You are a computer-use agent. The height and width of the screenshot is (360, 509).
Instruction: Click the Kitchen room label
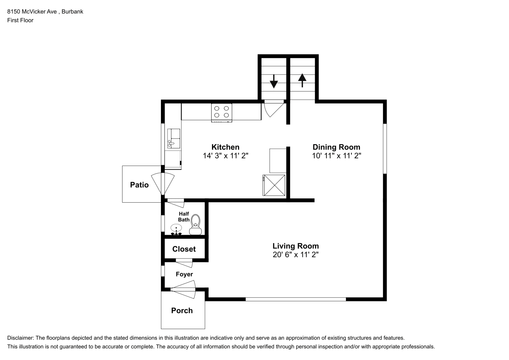pos(225,147)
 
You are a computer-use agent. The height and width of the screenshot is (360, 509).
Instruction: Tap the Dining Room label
pos(336,147)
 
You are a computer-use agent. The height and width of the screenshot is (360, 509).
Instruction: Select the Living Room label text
pos(296,246)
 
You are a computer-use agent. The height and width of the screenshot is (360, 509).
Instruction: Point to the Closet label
pos(184,249)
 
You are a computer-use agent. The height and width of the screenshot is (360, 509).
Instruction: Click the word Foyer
pos(184,274)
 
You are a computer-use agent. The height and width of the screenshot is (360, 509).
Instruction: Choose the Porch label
pos(182,310)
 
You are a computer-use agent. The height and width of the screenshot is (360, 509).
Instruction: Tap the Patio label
pos(139,185)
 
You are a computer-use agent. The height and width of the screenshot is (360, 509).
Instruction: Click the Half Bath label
pos(184,217)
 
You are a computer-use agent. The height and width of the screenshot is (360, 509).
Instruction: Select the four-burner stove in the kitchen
pos(221,113)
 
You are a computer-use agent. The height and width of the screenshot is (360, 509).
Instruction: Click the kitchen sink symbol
pos(174,139)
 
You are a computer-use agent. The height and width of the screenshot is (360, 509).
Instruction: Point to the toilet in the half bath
pos(195,225)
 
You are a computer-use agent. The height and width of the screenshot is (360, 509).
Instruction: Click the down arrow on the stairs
pos(274,81)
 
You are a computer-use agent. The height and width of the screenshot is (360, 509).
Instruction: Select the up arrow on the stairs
pos(302,80)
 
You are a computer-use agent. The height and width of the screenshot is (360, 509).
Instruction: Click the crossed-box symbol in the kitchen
pos(274,185)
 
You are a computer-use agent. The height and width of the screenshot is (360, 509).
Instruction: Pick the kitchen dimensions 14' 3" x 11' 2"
pos(225,156)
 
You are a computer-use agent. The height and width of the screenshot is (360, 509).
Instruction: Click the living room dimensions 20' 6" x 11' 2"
pos(296,255)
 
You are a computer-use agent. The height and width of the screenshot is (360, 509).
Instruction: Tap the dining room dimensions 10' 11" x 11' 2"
pos(337,156)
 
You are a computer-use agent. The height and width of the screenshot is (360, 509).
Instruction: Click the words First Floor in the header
pos(20,20)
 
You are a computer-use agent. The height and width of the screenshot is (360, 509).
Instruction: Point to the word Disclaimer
pos(21,338)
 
